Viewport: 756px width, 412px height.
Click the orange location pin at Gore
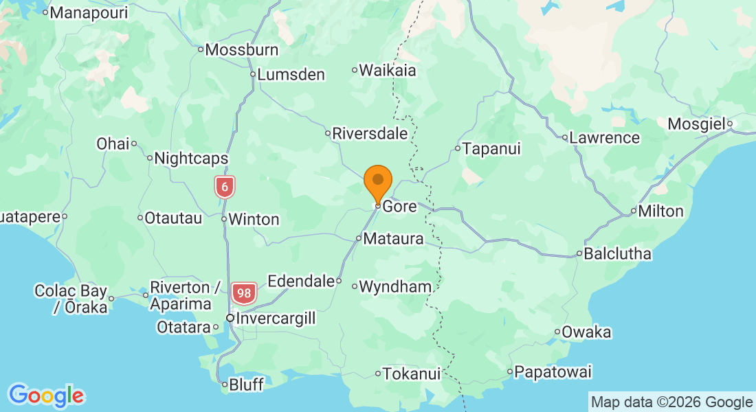coord(377,181)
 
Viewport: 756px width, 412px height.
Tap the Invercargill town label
coord(275,319)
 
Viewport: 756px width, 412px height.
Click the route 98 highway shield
coord(244,293)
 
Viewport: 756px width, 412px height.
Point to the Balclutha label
coord(617,254)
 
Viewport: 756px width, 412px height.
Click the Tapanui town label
coord(491,148)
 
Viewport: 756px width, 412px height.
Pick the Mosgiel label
coord(697,124)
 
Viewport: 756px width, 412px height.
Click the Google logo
coord(46,396)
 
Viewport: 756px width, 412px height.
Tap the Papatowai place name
coord(553,372)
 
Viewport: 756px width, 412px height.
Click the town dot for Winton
coord(224,219)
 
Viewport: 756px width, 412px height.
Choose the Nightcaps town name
coord(191,159)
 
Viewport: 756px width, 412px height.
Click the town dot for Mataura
coord(359,238)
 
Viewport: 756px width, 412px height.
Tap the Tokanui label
coord(411,374)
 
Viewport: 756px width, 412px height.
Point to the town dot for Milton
coord(633,211)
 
